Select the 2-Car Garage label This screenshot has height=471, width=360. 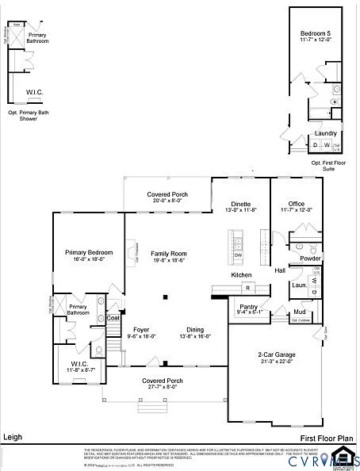coord(275,357)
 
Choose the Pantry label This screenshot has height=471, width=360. coord(249,309)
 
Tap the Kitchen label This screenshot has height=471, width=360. coord(241,275)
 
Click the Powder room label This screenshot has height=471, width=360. coord(310,258)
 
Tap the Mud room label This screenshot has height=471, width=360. coord(299,312)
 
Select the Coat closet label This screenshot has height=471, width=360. coord(113,318)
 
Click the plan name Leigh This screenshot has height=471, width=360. coord(13,438)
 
